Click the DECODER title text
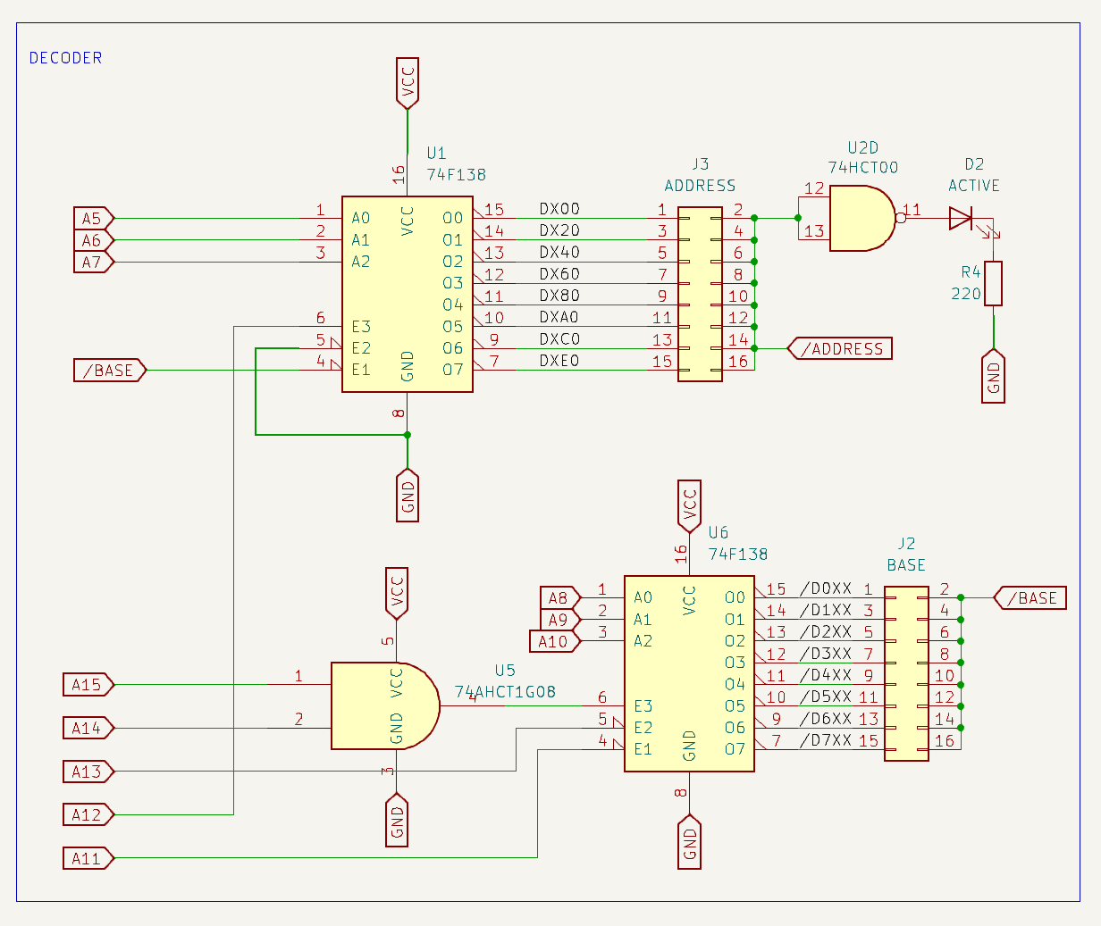pyautogui.click(x=65, y=58)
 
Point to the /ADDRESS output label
pyautogui.click(x=840, y=349)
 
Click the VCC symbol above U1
pyautogui.click(x=408, y=82)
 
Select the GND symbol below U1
pyautogui.click(x=408, y=496)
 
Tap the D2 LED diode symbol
pyautogui.click(x=962, y=218)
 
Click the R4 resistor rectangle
pyautogui.click(x=993, y=284)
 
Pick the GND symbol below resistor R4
pyautogui.click(x=993, y=378)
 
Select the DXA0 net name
pyautogui.click(x=559, y=317)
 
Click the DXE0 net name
pyautogui.click(x=559, y=361)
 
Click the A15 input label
pyautogui.click(x=88, y=685)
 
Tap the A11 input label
pyautogui.click(x=88, y=859)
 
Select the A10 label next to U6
pyautogui.click(x=555, y=641)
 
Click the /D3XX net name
pyautogui.click(x=826, y=654)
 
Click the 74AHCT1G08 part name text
pyautogui.click(x=505, y=692)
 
